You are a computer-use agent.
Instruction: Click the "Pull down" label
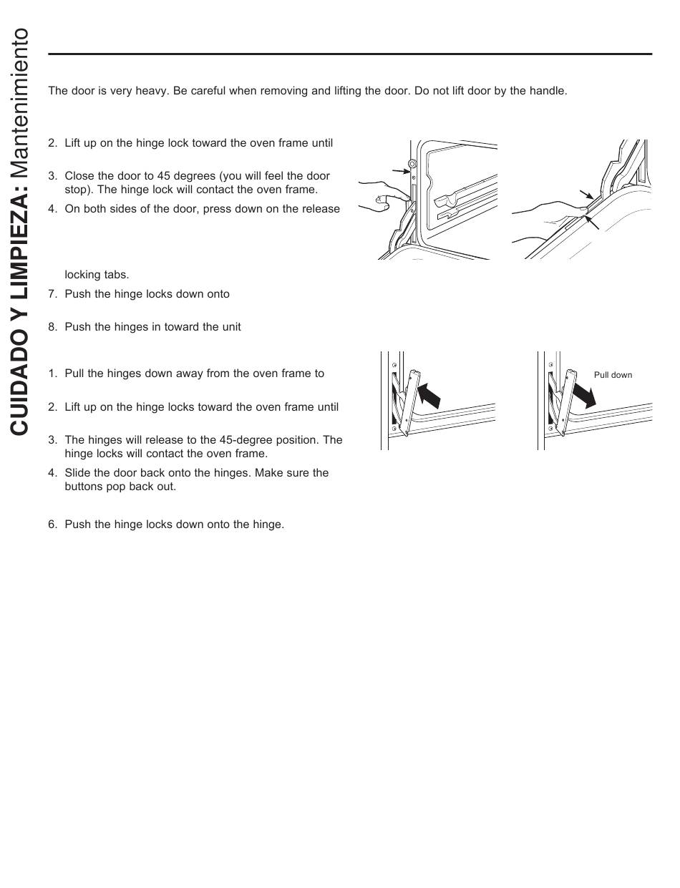pos(613,375)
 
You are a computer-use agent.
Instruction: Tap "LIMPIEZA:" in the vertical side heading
pos(19,244)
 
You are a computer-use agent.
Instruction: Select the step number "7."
pos(52,294)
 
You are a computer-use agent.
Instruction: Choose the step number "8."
pos(52,327)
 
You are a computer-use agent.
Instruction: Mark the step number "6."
pos(52,524)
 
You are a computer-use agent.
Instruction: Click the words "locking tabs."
pos(97,275)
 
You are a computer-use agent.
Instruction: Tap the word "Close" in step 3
pos(79,176)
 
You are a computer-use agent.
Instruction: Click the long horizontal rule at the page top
pos(350,54)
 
